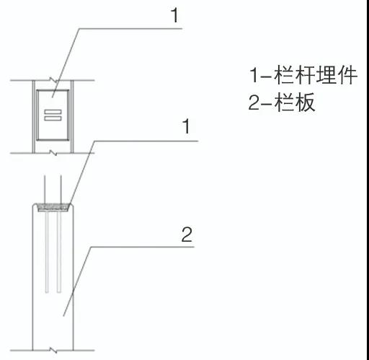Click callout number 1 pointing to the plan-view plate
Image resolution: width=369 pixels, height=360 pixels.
(x=175, y=16)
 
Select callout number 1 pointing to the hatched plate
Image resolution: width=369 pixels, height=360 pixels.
(x=187, y=126)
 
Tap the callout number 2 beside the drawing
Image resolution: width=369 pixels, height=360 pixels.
(x=187, y=234)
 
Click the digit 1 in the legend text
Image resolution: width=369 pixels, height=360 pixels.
(x=254, y=74)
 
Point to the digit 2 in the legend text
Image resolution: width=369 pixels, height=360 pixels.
(x=254, y=102)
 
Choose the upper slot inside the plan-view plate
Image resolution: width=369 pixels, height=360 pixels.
(x=53, y=112)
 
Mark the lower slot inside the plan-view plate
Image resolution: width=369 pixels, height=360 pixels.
(x=53, y=118)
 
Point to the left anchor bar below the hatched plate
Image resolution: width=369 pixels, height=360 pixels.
(x=47, y=252)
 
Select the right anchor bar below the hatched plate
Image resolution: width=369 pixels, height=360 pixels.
(x=59, y=252)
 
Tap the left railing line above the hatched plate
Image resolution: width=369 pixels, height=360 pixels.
(x=45, y=190)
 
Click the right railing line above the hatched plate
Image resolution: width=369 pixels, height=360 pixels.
(x=61, y=190)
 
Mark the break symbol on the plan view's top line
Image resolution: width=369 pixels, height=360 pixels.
(x=53, y=80)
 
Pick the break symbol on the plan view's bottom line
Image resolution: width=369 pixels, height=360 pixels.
(x=53, y=153)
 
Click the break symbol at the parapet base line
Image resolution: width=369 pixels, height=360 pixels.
(x=53, y=350)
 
